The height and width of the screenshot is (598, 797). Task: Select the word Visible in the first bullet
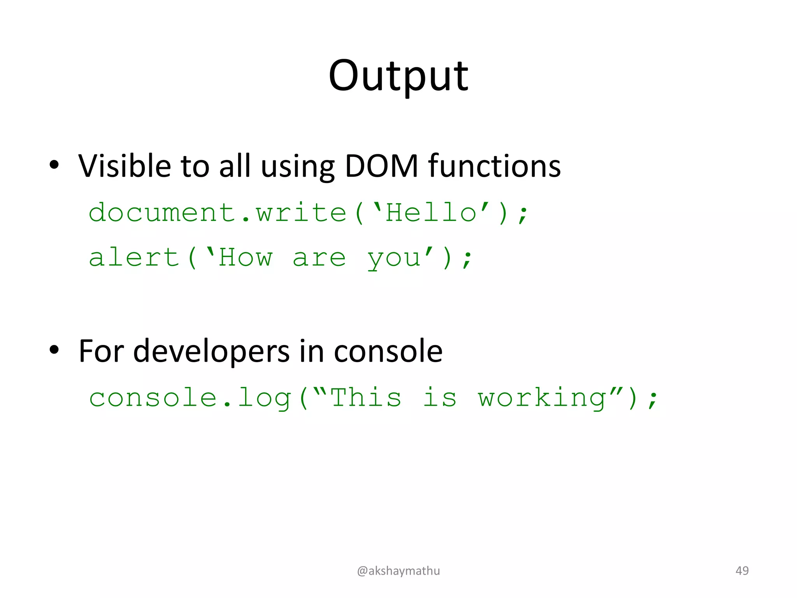pyautogui.click(x=125, y=166)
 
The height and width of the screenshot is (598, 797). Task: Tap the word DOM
pyautogui.click(x=381, y=166)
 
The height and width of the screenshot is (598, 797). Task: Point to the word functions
pyautogui.click(x=495, y=166)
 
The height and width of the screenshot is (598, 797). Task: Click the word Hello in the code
pyautogui.click(x=431, y=213)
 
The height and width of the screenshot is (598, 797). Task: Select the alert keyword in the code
pyautogui.click(x=133, y=258)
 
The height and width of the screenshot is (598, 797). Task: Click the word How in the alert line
pyautogui.click(x=245, y=258)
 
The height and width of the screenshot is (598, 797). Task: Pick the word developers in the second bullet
pyautogui.click(x=211, y=352)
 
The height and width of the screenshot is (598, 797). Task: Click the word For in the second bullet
pyautogui.click(x=101, y=352)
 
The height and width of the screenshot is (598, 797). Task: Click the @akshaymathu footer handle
pyautogui.click(x=398, y=571)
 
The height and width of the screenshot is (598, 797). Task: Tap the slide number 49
pyautogui.click(x=742, y=571)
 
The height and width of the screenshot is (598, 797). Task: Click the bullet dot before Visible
pyautogui.click(x=54, y=165)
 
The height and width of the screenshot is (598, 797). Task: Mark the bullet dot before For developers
pyautogui.click(x=54, y=350)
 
